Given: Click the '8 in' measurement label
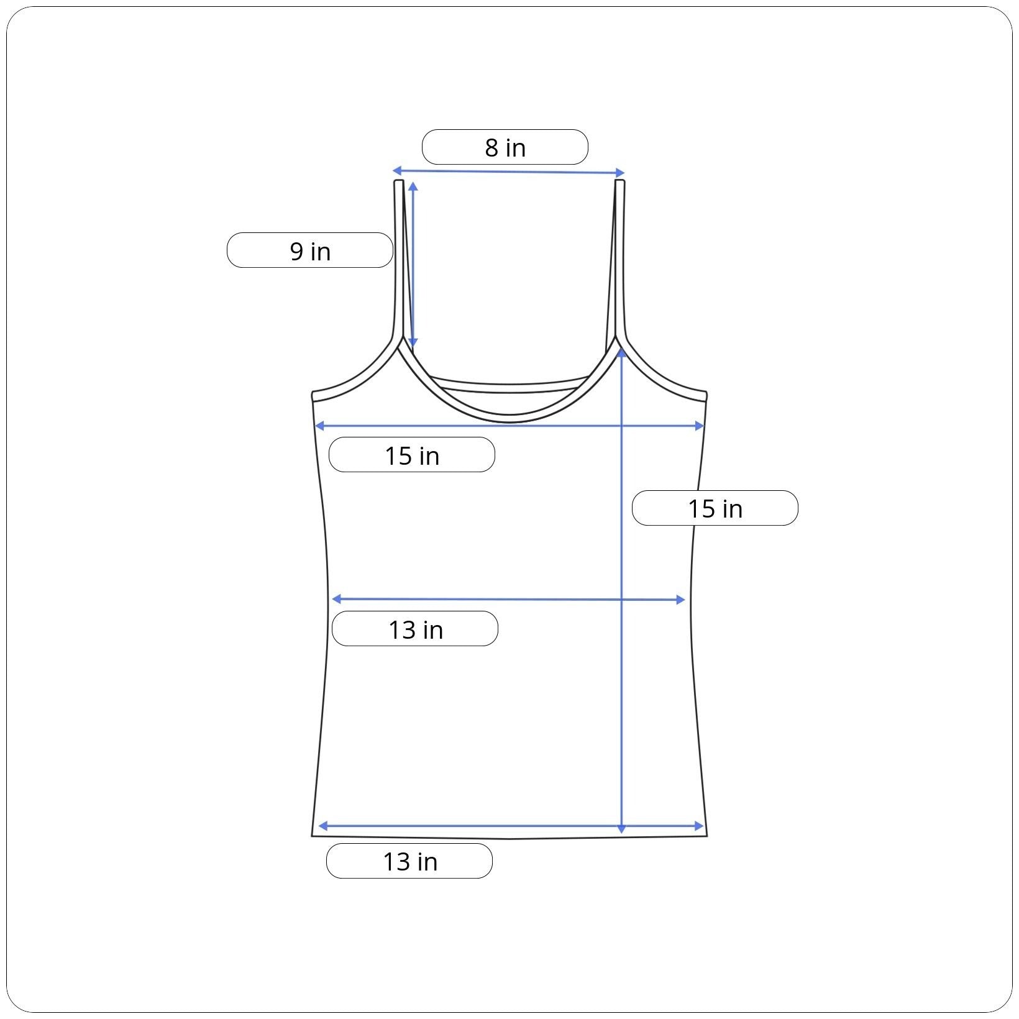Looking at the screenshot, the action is tap(505, 147).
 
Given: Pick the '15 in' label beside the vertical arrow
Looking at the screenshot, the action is tap(715, 508).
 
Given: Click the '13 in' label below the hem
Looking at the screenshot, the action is tap(409, 861).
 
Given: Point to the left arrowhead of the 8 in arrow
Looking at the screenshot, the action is tap(396, 170).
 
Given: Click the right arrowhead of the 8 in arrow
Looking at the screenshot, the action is tap(620, 173).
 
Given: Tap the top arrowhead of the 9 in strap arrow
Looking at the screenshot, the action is tap(413, 186).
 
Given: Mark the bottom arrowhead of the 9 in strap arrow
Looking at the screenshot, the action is tap(414, 343).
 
